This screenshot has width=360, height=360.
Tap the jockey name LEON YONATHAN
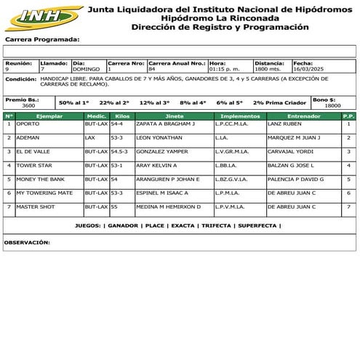(158, 138)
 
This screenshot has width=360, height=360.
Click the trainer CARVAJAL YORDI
(290, 152)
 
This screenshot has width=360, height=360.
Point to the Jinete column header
(175, 116)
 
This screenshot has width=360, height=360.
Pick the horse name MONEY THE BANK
(40, 179)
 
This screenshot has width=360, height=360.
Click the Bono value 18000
(332, 106)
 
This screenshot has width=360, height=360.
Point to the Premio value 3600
(28, 106)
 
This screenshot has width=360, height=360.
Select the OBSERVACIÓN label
(27, 242)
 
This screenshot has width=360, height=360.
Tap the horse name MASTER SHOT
(36, 207)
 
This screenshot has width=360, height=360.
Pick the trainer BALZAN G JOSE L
(292, 166)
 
